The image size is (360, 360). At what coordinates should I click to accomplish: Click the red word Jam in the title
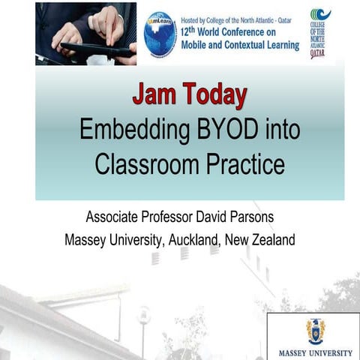[152, 95]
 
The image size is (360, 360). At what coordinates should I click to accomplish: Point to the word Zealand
[271, 241]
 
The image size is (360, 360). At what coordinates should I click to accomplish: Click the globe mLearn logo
[160, 34]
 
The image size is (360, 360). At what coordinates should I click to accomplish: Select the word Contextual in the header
[238, 43]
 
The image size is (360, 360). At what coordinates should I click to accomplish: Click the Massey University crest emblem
[316, 331]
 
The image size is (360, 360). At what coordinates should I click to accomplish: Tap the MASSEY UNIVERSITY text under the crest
[316, 352]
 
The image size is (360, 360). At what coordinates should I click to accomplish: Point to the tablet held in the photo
[94, 50]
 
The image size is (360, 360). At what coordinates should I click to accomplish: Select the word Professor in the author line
[168, 218]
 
